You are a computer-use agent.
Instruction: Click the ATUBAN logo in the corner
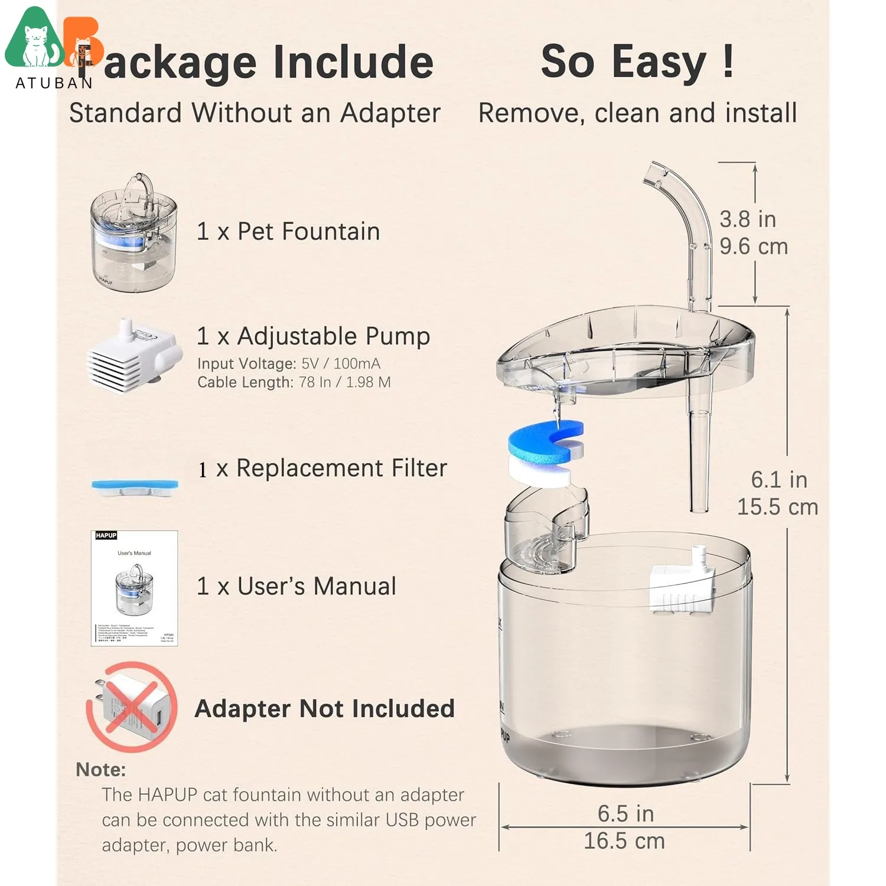(53, 47)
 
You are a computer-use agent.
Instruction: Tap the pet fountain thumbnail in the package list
(134, 232)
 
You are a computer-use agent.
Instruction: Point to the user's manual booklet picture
(134, 588)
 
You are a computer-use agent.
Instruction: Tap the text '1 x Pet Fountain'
(288, 232)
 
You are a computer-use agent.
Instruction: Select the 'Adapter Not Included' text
(324, 708)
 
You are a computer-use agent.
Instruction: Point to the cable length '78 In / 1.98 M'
(345, 382)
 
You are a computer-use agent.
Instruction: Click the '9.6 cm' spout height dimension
(754, 246)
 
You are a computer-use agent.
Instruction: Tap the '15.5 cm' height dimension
(777, 507)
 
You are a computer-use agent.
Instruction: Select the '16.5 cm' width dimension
(624, 841)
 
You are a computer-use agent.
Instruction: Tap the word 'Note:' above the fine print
(100, 770)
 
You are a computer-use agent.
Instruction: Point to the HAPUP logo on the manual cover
(106, 535)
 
